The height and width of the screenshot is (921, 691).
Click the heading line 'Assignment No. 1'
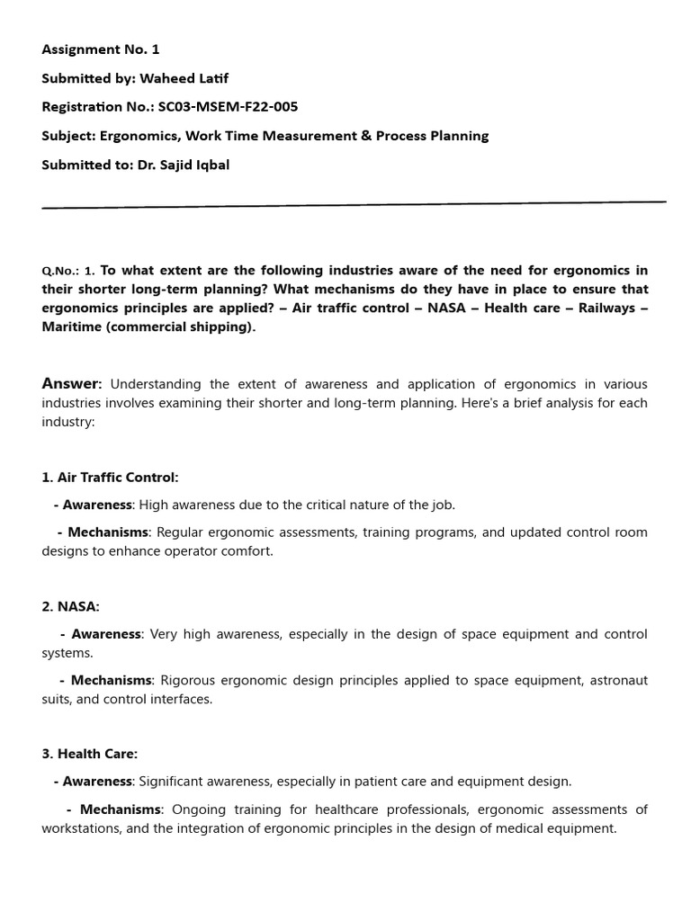101,49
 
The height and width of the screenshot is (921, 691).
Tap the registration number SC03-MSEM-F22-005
228,107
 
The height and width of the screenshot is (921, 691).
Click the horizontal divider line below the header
354,204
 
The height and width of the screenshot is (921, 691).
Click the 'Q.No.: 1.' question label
67,271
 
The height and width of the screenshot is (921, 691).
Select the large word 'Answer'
71,384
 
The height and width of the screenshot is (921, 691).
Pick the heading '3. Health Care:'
89,754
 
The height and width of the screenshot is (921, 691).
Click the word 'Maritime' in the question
71,326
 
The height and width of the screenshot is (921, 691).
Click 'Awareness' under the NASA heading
106,634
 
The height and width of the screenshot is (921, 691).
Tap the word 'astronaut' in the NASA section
618,681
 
